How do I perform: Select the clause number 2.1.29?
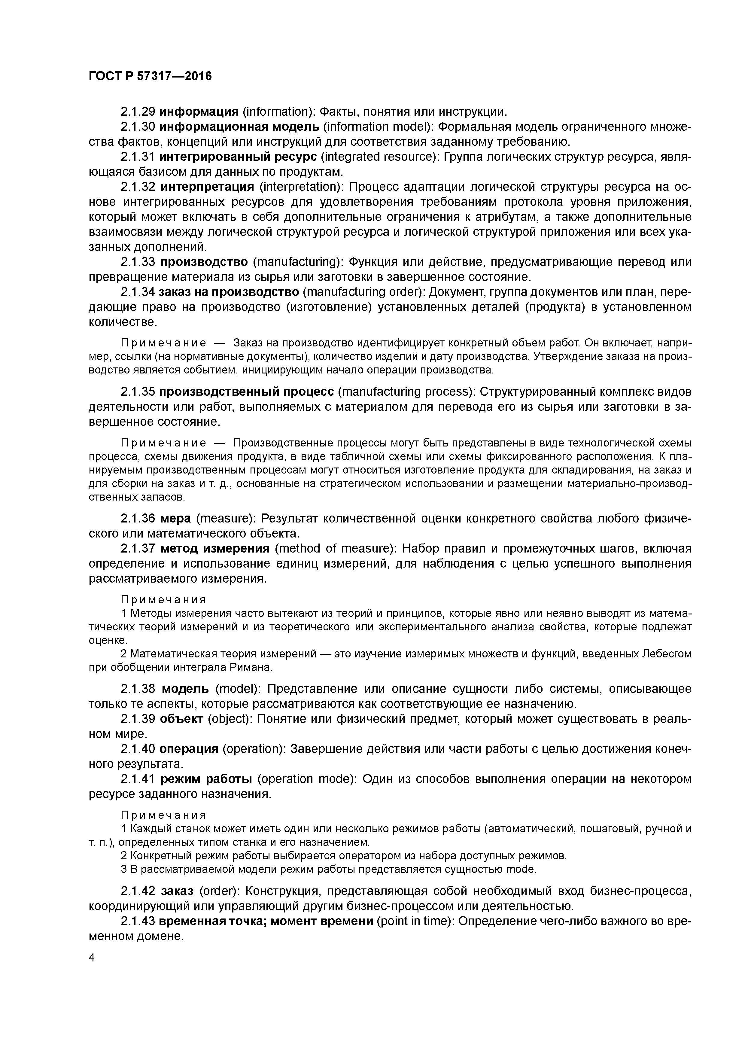pyautogui.click(x=138, y=111)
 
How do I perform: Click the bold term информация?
pyautogui.click(x=199, y=111)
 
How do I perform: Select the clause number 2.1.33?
pyautogui.click(x=138, y=262)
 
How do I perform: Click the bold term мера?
pyautogui.click(x=175, y=519)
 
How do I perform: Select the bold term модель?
pyautogui.click(x=185, y=689)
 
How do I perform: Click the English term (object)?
pyautogui.click(x=228, y=719)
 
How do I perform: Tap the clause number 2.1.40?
pyautogui.click(x=138, y=749)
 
